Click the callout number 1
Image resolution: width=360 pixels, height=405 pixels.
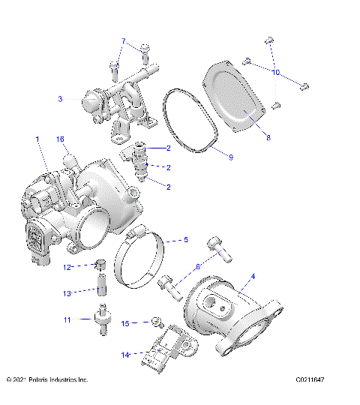coord(37,139)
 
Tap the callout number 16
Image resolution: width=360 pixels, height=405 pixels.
coord(61,139)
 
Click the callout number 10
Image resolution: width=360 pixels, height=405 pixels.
coord(275,72)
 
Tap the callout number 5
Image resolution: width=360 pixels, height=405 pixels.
coord(186,241)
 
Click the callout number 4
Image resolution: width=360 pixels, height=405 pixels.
coord(253,276)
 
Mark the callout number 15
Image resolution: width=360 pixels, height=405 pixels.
coord(126,323)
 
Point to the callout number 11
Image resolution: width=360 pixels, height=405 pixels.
coord(67,319)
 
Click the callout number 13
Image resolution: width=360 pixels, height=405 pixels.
coord(67,293)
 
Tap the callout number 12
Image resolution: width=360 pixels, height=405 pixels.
coord(67,267)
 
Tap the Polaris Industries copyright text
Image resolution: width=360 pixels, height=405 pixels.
coord(46,380)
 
